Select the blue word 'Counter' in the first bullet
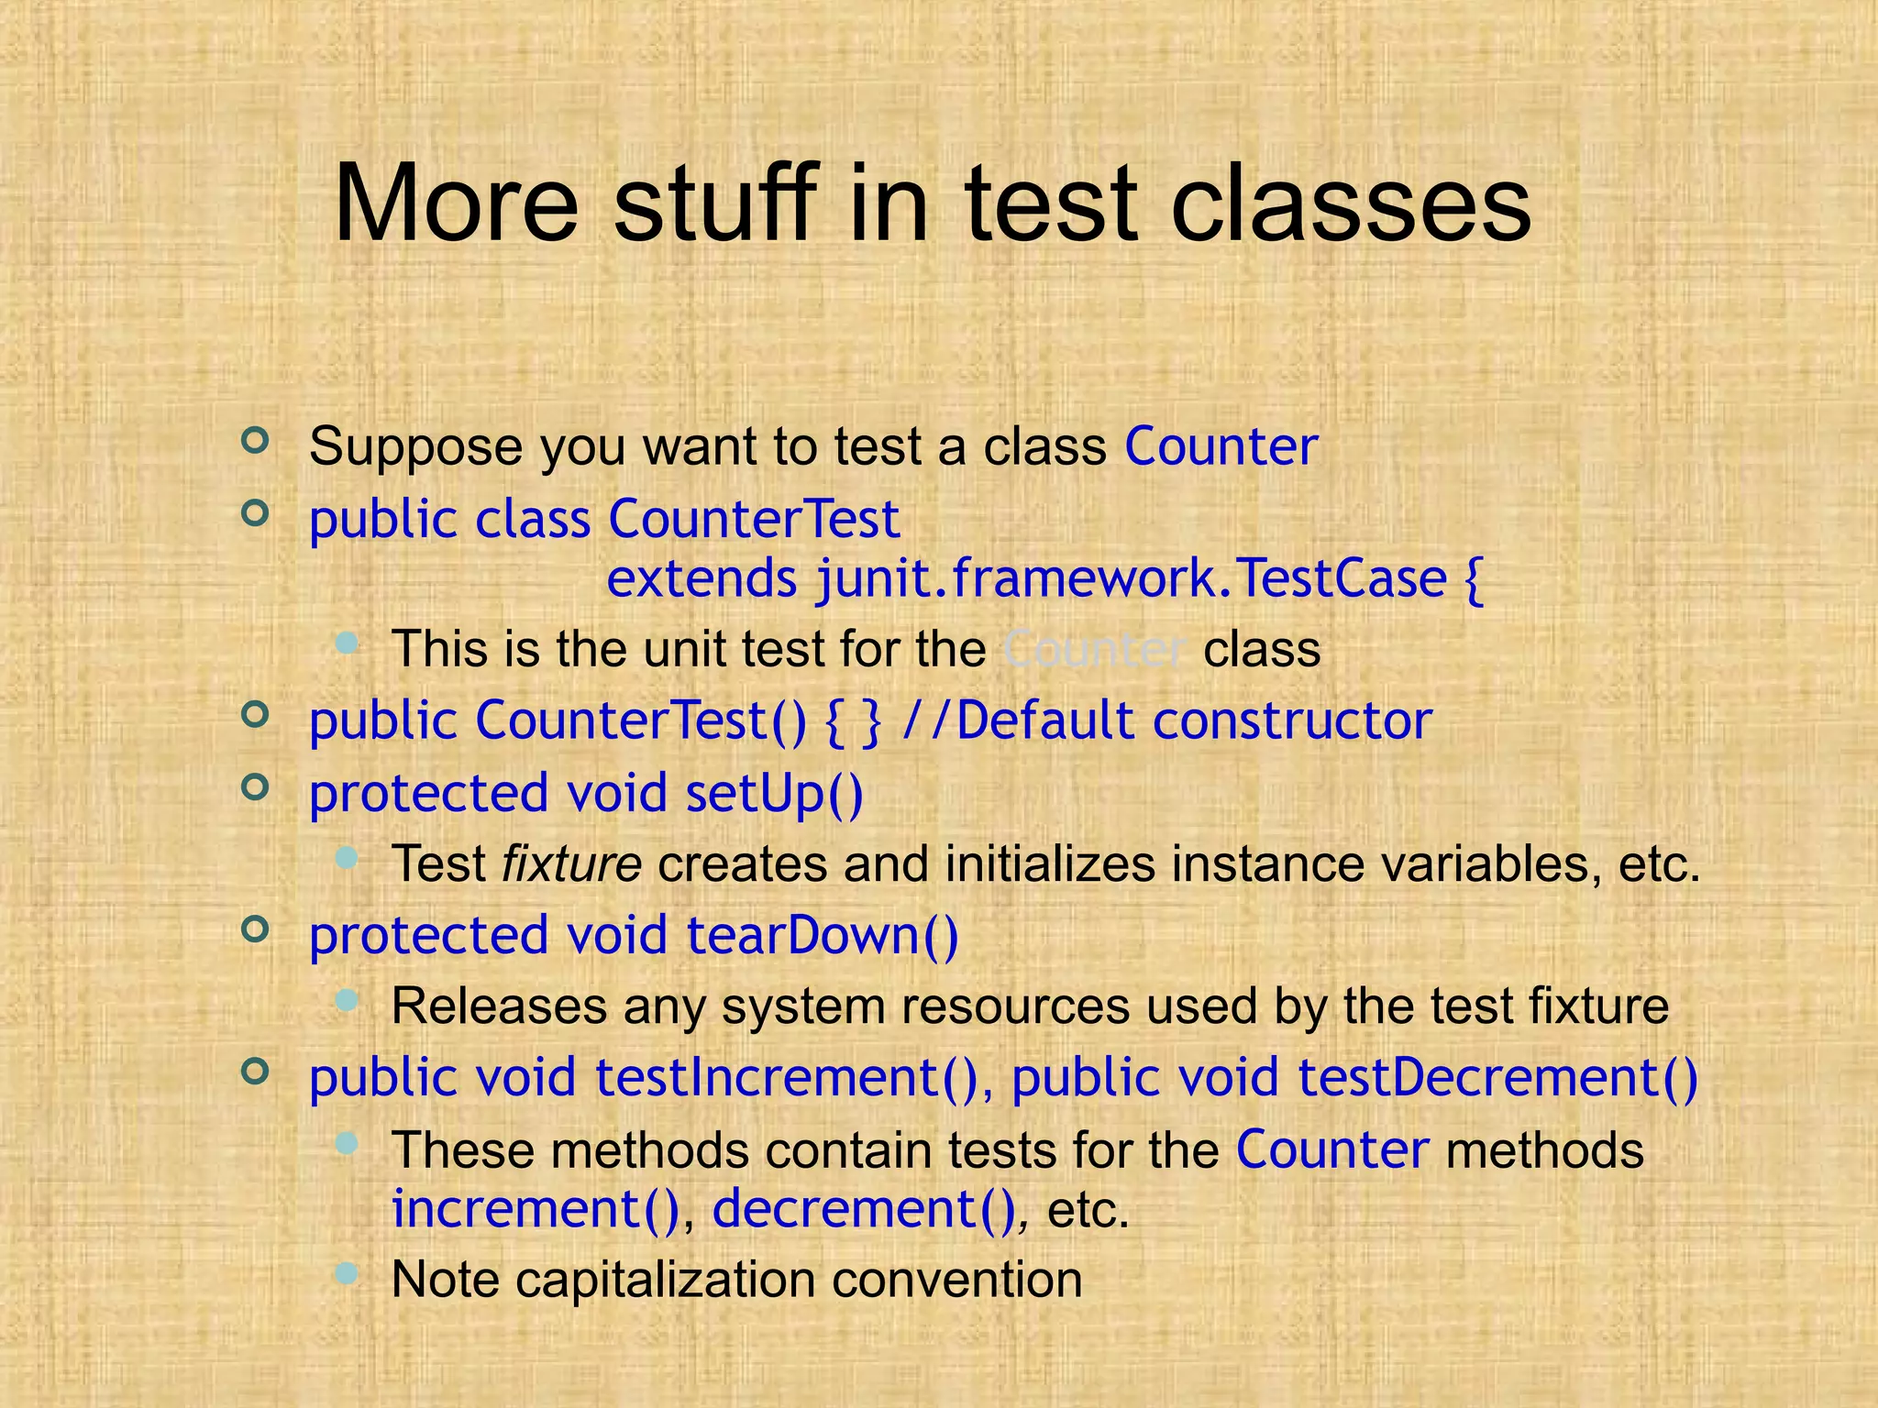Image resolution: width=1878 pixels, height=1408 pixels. [1221, 447]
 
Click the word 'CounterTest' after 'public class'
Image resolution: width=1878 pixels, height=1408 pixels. [754, 520]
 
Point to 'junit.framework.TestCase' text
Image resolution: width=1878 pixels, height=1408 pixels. [1132, 579]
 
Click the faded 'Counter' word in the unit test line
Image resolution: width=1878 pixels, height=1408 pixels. [1095, 650]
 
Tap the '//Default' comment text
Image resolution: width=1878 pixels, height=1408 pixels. [1018, 720]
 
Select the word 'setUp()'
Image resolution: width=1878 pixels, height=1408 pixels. [774, 793]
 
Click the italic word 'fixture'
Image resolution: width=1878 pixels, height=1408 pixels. [571, 864]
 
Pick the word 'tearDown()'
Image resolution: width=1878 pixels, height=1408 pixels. [822, 936]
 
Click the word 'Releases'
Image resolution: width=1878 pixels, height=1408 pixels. [499, 1006]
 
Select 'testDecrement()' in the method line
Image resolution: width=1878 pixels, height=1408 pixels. [1497, 1077]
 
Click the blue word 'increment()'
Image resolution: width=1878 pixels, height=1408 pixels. [536, 1209]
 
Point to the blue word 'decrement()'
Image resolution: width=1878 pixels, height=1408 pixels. [864, 1209]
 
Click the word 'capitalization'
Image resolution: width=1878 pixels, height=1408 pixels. [665, 1280]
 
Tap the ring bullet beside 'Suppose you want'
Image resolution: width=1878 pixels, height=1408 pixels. [255, 441]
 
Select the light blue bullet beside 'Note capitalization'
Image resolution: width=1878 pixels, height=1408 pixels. [346, 1272]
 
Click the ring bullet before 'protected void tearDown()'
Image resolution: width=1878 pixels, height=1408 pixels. [255, 929]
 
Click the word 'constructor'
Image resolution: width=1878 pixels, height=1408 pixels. [1291, 720]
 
